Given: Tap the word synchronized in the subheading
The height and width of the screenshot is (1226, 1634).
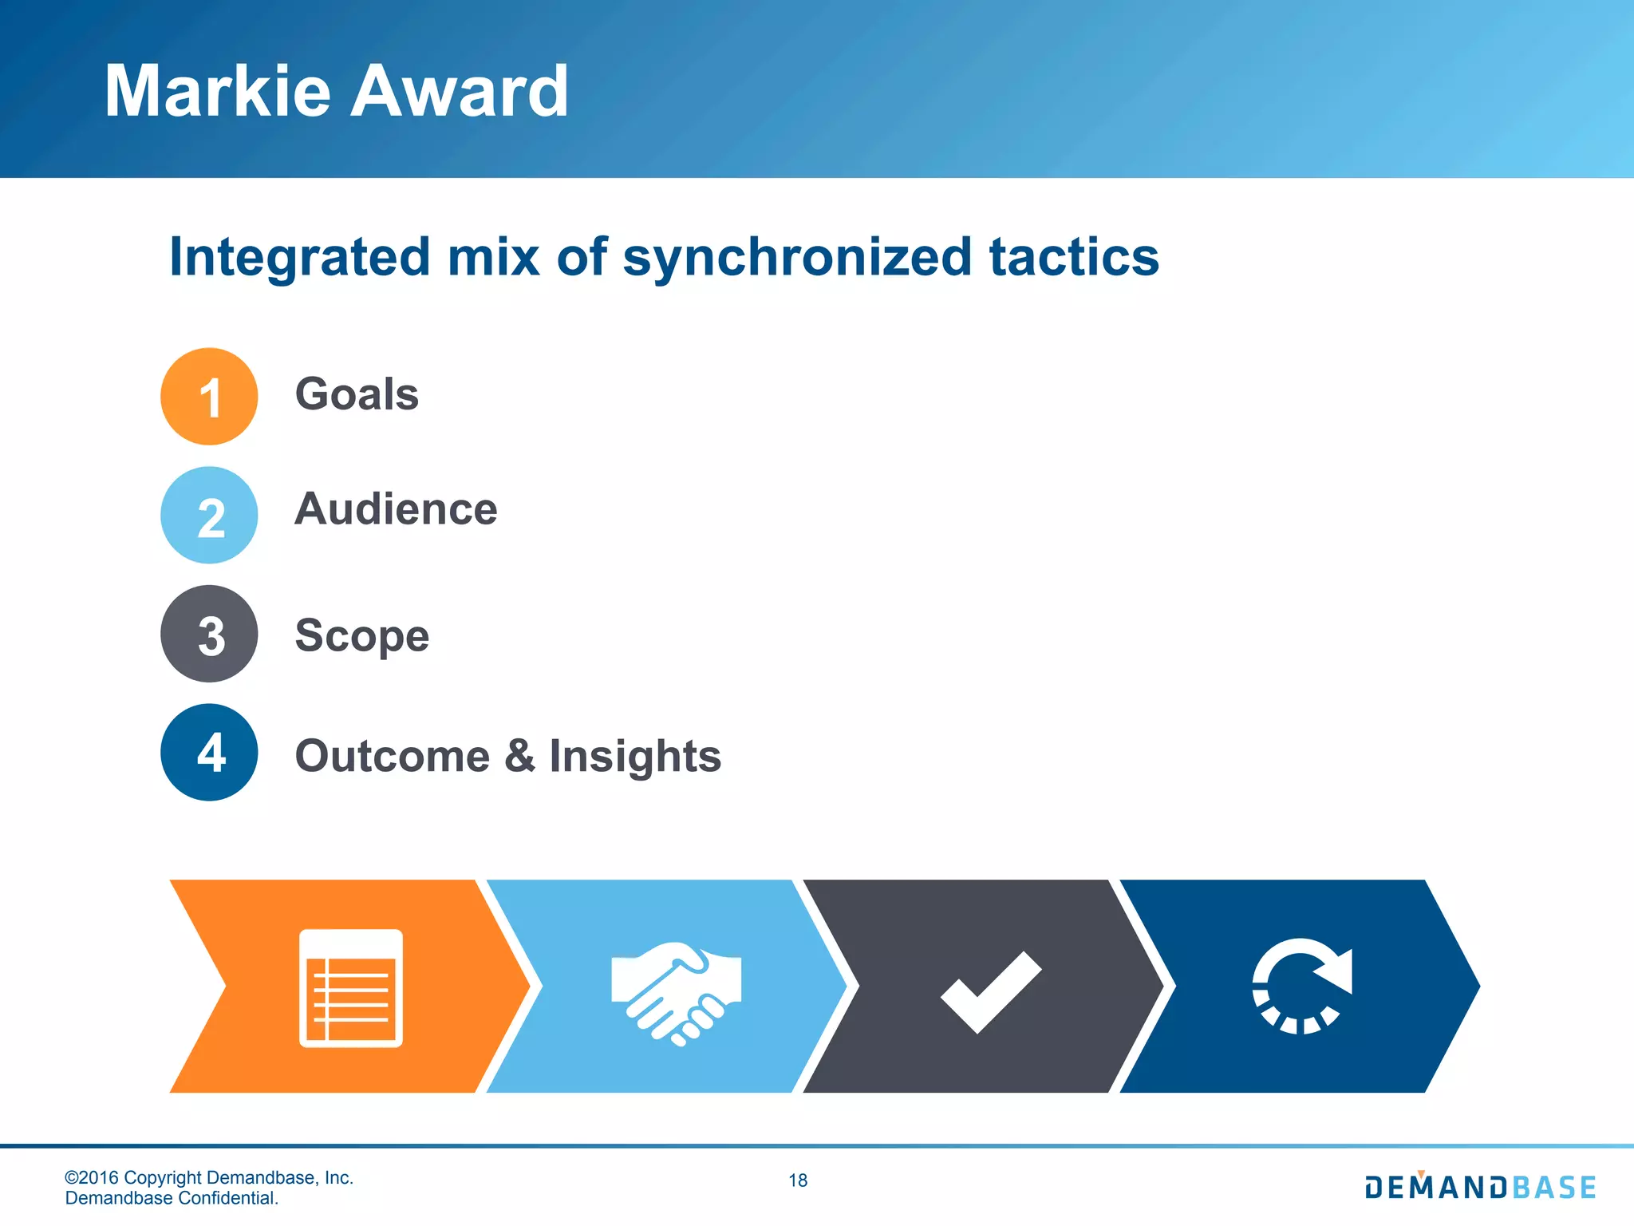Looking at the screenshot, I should (x=797, y=257).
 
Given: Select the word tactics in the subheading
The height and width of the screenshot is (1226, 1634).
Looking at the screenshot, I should (x=1074, y=257).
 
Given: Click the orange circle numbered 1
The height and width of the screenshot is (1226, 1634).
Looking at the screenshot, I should (x=209, y=396).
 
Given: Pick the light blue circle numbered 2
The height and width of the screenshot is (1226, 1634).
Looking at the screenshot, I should (x=209, y=516).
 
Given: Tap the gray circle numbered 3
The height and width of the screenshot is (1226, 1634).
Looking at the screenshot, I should (x=209, y=634).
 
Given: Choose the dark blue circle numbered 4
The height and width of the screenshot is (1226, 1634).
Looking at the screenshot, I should (x=209, y=752).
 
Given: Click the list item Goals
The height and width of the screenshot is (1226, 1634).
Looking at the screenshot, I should (x=357, y=394).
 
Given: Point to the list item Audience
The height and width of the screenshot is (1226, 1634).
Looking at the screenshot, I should (x=396, y=509).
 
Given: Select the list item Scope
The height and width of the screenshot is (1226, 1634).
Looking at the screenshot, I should (x=362, y=636).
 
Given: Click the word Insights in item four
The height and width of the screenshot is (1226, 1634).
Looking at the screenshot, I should (x=635, y=756).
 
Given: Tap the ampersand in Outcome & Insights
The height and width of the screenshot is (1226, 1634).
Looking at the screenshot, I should (x=519, y=756).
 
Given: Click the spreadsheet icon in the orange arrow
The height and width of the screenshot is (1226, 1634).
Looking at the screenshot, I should (x=351, y=987).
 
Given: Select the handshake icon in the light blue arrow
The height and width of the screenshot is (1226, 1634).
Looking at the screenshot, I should (x=676, y=992).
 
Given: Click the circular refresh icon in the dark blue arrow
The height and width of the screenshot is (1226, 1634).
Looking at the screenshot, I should (x=1301, y=987).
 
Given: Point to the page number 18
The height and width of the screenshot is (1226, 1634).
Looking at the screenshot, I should (x=798, y=1181).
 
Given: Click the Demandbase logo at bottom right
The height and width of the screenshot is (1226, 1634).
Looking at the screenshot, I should (x=1480, y=1187).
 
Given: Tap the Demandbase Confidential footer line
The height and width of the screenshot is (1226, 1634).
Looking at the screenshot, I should (x=172, y=1198).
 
